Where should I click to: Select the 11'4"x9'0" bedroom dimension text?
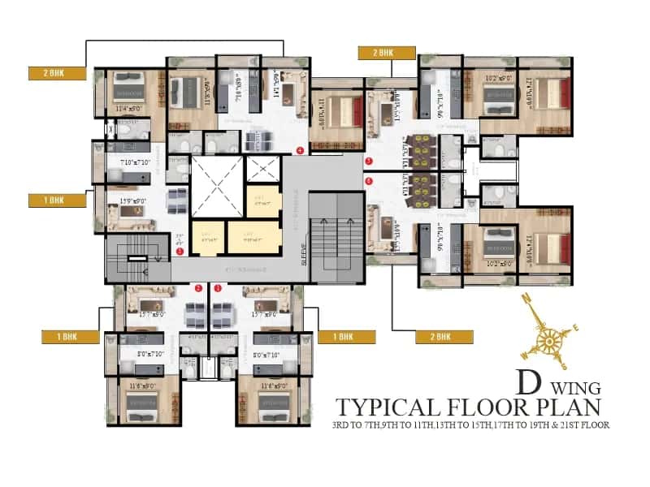pyautogui.click(x=129, y=107)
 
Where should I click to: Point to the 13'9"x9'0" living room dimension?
pyautogui.click(x=132, y=201)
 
